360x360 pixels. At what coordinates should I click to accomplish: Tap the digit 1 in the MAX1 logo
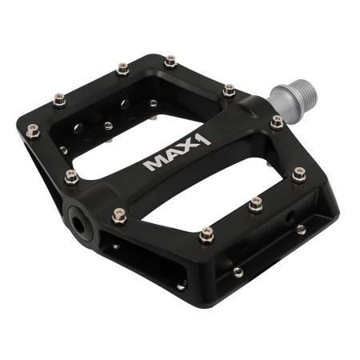(204, 140)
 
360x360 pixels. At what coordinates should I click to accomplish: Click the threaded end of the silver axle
(307, 91)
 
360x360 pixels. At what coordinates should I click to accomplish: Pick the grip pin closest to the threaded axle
(277, 123)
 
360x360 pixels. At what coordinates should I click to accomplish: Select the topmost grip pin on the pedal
(170, 62)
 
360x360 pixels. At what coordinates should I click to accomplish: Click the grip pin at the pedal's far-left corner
(33, 131)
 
